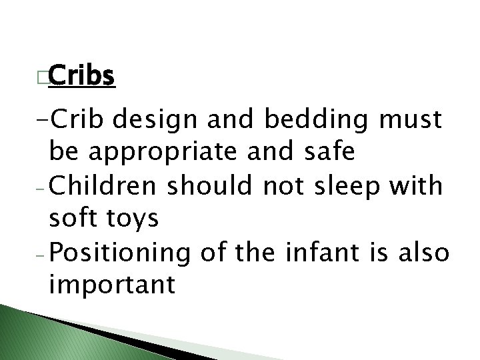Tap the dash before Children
[41, 188]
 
